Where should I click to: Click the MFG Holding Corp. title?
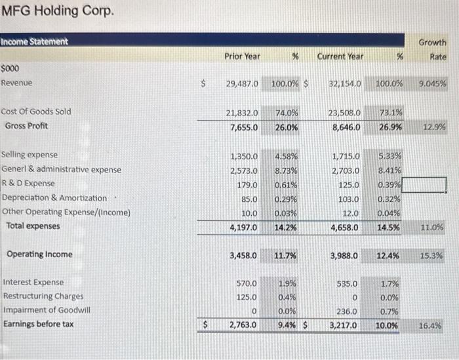pyautogui.click(x=58, y=12)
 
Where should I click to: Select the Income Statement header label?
pyautogui.click(x=34, y=41)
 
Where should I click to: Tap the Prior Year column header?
pyautogui.click(x=242, y=56)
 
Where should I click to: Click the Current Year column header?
pyautogui.click(x=340, y=56)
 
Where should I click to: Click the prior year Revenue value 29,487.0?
pyautogui.click(x=242, y=84)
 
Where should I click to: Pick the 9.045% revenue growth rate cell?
pyautogui.click(x=431, y=84)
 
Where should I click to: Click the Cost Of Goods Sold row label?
pyautogui.click(x=37, y=111)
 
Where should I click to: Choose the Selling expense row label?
pyautogui.click(x=30, y=155)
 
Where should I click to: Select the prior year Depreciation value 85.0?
pyautogui.click(x=249, y=198)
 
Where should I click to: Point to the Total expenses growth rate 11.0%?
pyautogui.click(x=432, y=227)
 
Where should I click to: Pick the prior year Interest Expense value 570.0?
pyautogui.click(x=247, y=283)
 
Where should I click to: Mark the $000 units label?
pyautogui.click(x=10, y=68)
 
